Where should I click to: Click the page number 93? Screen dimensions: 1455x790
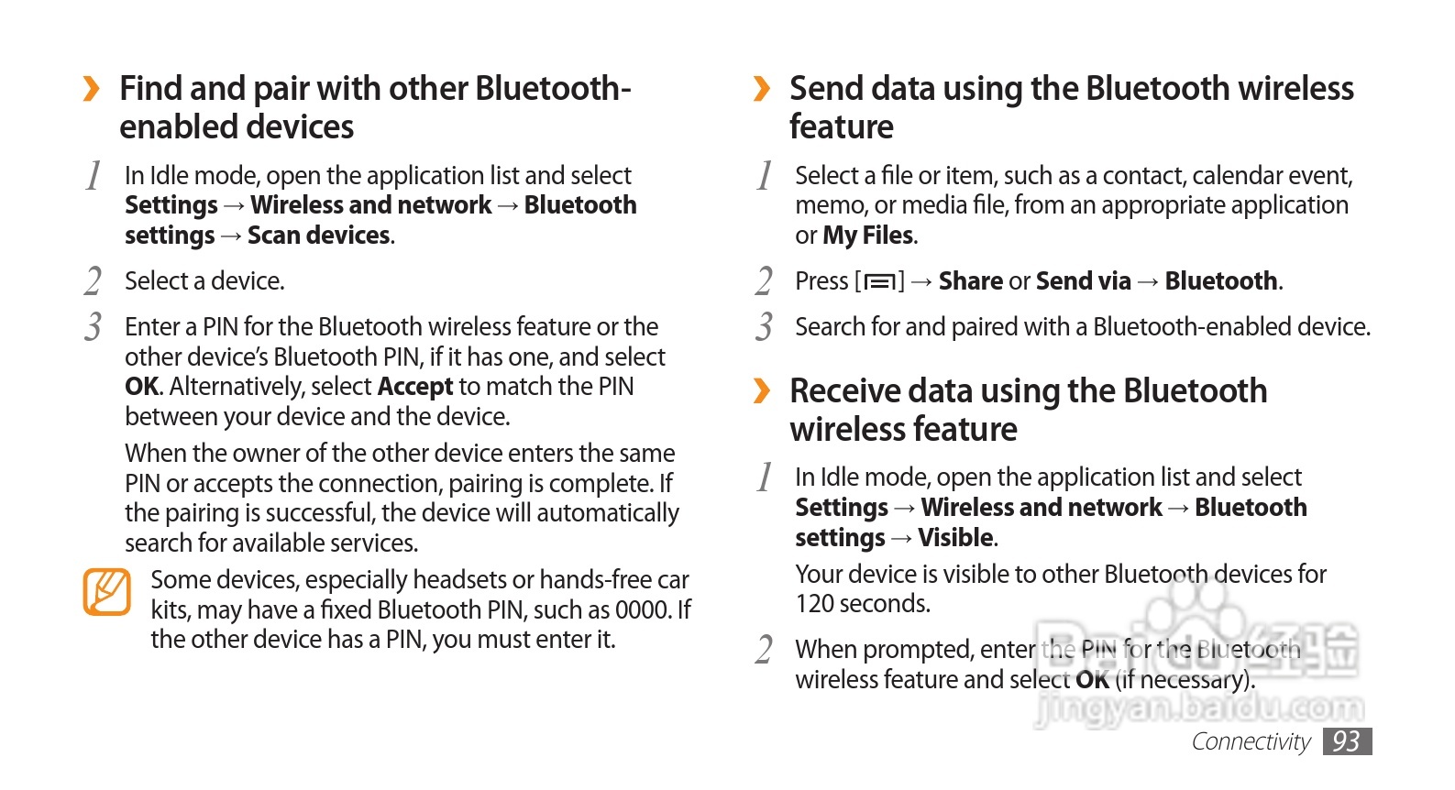[x=1346, y=741]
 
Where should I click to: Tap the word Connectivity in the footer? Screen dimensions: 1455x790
[x=1251, y=741]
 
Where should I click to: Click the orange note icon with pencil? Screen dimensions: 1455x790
[x=107, y=592]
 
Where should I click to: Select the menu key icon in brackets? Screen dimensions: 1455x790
[x=879, y=281]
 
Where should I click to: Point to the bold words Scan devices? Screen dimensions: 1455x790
[x=319, y=236]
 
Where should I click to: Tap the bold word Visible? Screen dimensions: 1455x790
[x=955, y=538]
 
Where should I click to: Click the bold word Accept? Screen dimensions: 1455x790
[x=415, y=387]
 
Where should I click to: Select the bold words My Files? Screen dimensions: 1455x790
[x=867, y=236]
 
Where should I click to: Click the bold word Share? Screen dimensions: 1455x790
[x=970, y=281]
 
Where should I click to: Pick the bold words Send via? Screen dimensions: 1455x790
[x=1084, y=281]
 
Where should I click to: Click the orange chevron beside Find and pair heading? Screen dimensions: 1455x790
[x=91, y=89]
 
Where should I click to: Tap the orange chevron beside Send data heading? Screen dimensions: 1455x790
[x=761, y=89]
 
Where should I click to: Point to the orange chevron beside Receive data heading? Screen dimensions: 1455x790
[x=761, y=391]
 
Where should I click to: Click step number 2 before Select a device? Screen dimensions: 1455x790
[x=93, y=281]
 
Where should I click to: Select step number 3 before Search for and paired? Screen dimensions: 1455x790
[x=764, y=327]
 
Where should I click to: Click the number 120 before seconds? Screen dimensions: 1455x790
[x=814, y=604]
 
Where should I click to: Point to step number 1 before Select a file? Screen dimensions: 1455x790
[x=765, y=175]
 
